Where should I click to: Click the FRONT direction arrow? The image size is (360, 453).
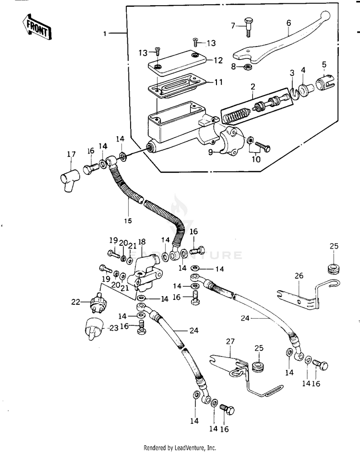pos(36,26)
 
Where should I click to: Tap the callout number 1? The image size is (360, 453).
pos(105,34)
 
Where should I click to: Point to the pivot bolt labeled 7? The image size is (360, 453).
pos(248,27)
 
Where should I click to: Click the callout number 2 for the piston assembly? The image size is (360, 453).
pos(253,86)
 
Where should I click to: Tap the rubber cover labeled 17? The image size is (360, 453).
pos(69,179)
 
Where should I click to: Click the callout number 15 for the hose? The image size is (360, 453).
pos(128,221)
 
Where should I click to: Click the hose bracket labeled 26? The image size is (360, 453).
pos(308,295)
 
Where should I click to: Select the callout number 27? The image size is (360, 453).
pos(230,342)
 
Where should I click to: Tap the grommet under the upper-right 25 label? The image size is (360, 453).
pos(334,268)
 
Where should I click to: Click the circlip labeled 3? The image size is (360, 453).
pos(294,93)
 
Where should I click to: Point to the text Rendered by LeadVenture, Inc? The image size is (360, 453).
pos(180,448)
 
